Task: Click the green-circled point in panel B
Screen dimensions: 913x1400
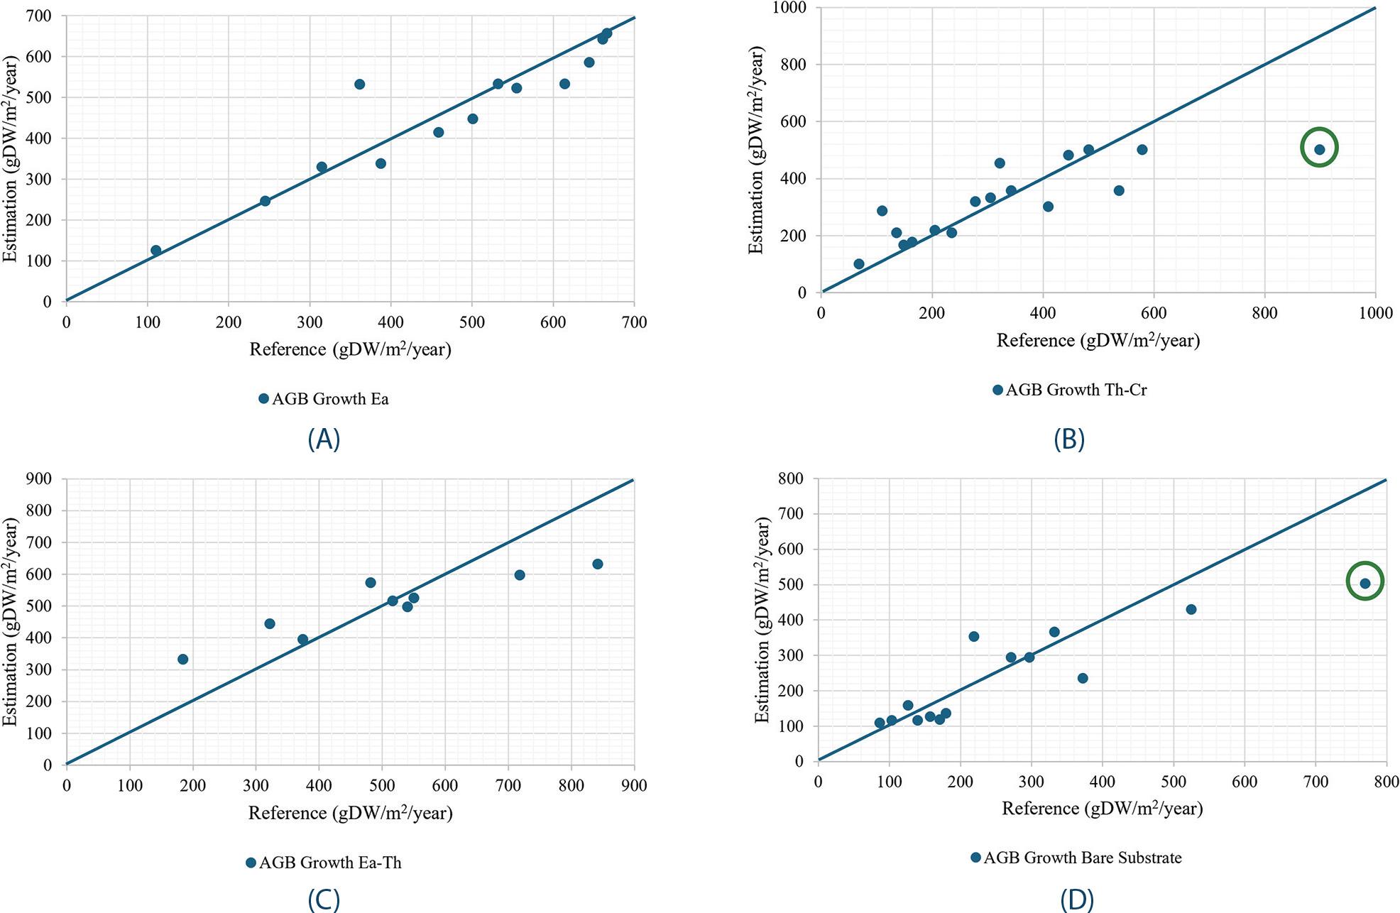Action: tap(1319, 149)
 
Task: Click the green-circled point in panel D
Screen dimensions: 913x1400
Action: tap(1365, 583)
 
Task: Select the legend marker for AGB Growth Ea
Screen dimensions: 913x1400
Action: tap(263, 399)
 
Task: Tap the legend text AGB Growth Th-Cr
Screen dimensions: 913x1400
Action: tap(1076, 390)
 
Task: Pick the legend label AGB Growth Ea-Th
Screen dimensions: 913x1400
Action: tap(330, 863)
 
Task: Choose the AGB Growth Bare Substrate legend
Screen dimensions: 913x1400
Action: tap(1082, 858)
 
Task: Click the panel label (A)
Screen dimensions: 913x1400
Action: tap(324, 439)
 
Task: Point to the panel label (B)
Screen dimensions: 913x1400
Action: tap(1069, 439)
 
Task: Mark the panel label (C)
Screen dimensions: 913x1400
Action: tap(324, 900)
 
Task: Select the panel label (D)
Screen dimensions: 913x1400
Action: tap(1076, 900)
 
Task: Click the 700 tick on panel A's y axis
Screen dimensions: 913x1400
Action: tap(38, 16)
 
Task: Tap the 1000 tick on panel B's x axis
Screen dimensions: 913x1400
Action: tap(1375, 313)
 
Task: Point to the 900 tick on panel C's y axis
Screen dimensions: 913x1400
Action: tap(38, 479)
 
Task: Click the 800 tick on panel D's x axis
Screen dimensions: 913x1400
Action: tap(1386, 782)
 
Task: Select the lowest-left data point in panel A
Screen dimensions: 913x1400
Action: tap(155, 250)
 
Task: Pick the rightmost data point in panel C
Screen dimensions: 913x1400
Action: tap(597, 564)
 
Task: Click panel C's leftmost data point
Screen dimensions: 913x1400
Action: tap(182, 659)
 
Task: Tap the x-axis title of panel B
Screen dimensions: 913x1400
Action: tap(1098, 341)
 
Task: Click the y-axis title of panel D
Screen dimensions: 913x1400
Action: tap(762, 620)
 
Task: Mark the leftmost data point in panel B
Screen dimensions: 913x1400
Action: tap(858, 264)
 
